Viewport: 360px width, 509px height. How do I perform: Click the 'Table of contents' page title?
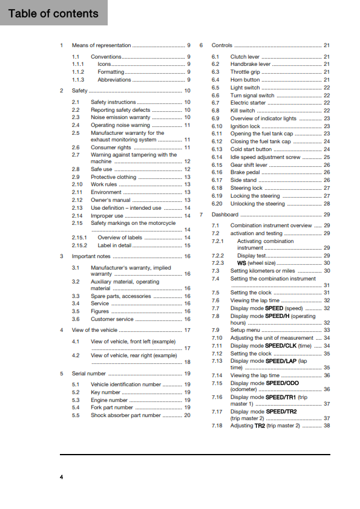[54, 13]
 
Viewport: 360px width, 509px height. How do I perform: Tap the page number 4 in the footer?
[61, 478]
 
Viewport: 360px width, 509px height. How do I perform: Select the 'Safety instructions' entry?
[113, 102]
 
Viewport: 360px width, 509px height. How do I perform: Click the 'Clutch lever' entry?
[245, 56]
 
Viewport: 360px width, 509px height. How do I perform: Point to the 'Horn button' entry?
[245, 79]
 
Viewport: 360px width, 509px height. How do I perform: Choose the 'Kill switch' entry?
[243, 111]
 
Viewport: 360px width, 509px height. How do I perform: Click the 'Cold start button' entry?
[251, 149]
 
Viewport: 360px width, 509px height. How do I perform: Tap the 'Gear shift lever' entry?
[249, 164]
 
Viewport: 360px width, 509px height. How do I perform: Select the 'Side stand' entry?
[244, 180]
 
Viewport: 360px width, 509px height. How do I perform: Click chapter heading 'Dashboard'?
[224, 215]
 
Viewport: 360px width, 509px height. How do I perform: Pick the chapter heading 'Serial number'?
[88, 374]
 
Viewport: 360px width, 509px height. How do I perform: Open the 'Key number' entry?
[105, 392]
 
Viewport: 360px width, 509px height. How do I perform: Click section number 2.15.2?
[79, 245]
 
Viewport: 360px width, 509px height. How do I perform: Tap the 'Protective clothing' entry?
[114, 177]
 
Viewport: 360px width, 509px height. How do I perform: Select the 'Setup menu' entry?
[245, 330]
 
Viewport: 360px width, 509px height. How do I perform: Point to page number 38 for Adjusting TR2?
[327, 426]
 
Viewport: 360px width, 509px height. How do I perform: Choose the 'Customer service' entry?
[112, 319]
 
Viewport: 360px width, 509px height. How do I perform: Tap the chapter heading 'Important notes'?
[91, 256]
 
